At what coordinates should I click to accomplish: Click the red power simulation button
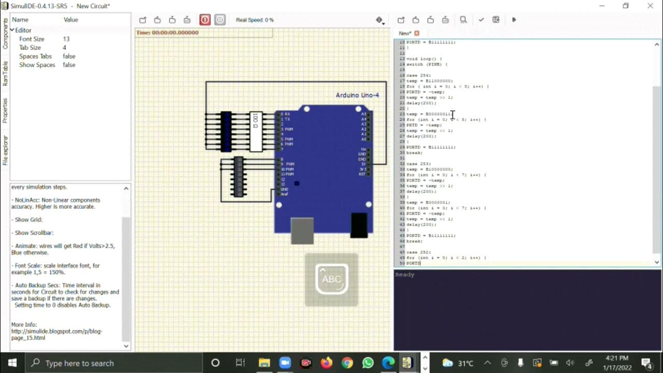205,20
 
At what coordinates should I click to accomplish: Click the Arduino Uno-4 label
357,95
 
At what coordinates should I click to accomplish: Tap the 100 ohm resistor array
256,132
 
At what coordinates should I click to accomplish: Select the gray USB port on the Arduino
302,231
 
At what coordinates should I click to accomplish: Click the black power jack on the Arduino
359,225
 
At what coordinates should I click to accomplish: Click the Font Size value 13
66,39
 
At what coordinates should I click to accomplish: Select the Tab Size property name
30,48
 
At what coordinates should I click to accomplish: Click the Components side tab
5,34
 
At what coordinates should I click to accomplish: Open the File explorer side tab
5,150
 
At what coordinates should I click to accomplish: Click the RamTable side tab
5,73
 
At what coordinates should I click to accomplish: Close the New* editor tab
416,33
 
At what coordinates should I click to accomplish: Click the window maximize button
626,6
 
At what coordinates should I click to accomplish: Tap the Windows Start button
12,363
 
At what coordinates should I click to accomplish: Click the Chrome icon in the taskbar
347,363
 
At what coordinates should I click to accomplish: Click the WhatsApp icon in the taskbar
368,363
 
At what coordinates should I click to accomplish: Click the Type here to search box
114,363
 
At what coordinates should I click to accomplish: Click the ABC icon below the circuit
331,279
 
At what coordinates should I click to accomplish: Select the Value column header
71,20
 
